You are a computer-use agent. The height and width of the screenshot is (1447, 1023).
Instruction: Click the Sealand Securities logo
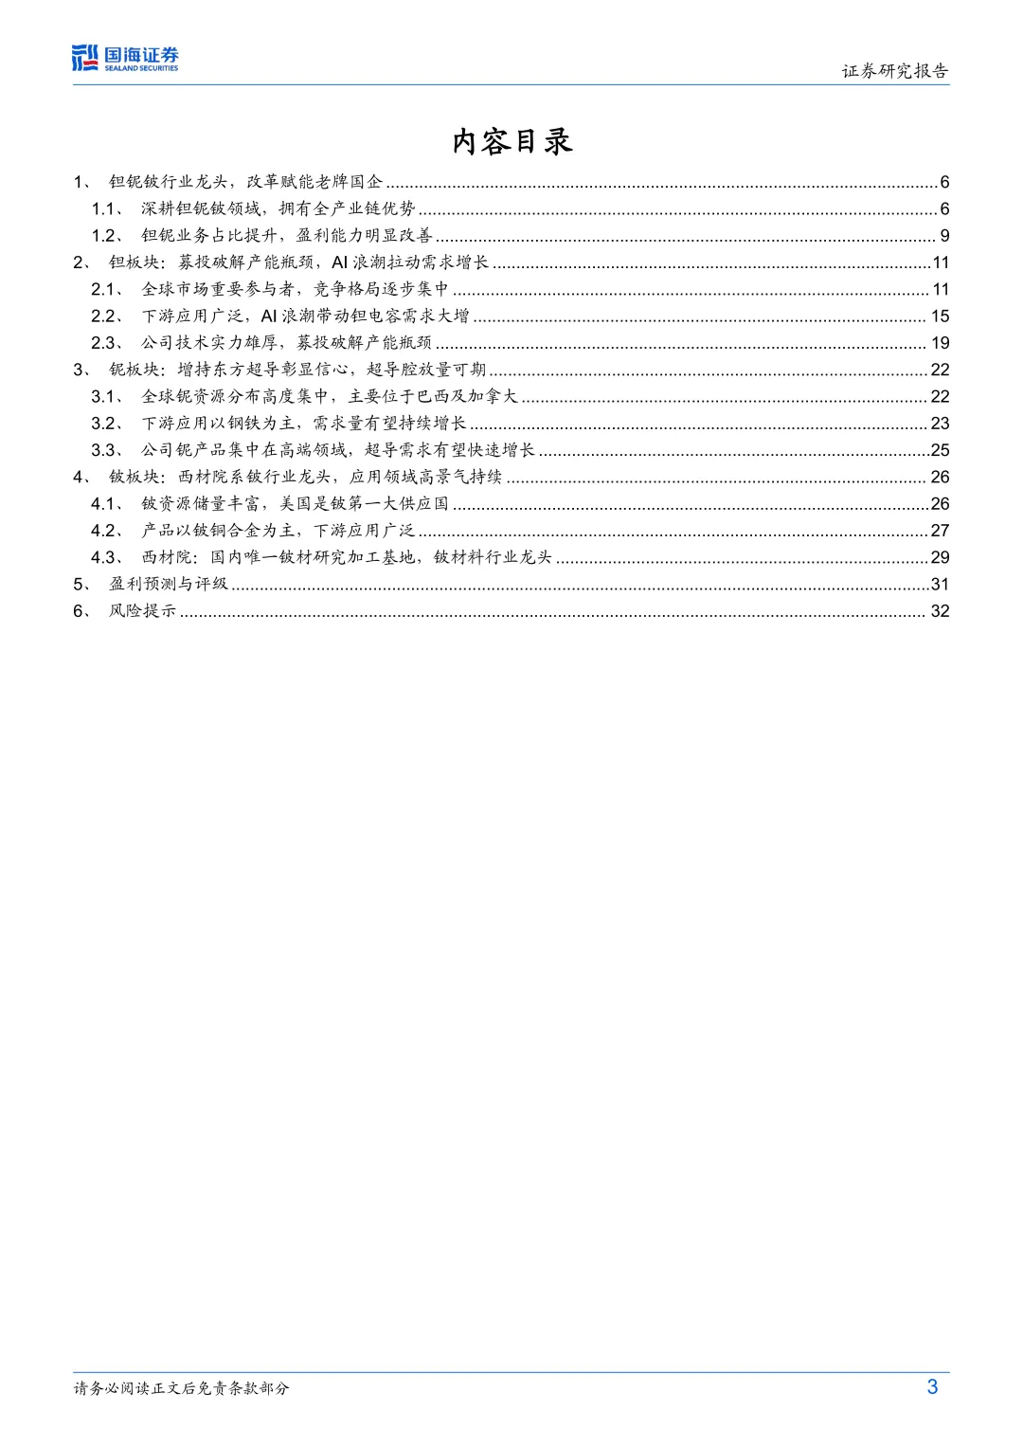[x=125, y=58]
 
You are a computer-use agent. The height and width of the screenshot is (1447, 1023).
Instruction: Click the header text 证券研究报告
[x=894, y=71]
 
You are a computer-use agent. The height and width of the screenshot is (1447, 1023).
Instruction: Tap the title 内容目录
[x=511, y=141]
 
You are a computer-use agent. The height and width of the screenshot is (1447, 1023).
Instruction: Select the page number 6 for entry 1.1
[x=944, y=208]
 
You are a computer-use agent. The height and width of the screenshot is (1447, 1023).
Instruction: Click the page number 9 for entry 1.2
[x=944, y=235]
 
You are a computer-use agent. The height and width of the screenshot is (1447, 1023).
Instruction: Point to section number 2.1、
[x=107, y=289]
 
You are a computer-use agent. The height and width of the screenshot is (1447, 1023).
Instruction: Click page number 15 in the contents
[x=940, y=316]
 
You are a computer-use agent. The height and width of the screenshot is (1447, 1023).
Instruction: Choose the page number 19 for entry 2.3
[x=940, y=343]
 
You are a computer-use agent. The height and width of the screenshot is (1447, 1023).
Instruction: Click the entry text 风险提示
[x=142, y=611]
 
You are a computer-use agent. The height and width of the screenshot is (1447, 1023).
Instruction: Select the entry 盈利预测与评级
[x=169, y=584]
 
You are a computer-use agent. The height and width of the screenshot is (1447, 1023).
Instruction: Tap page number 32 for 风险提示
[x=940, y=611]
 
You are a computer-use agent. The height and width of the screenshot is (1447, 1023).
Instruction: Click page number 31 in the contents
[x=940, y=584]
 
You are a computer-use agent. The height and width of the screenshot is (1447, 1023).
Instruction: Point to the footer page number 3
[x=932, y=1386]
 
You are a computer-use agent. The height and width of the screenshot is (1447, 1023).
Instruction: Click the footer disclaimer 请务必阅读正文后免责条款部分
[x=181, y=1388]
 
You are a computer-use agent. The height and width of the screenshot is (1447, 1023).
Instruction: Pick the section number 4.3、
[x=107, y=557]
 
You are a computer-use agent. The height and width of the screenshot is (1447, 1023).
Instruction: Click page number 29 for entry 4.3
[x=940, y=557]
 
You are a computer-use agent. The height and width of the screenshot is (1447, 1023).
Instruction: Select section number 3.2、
[x=107, y=424]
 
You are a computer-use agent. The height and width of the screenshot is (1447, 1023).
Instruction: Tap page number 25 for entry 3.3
[x=940, y=450]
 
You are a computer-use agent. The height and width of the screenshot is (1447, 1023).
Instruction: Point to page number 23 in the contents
[x=940, y=424]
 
